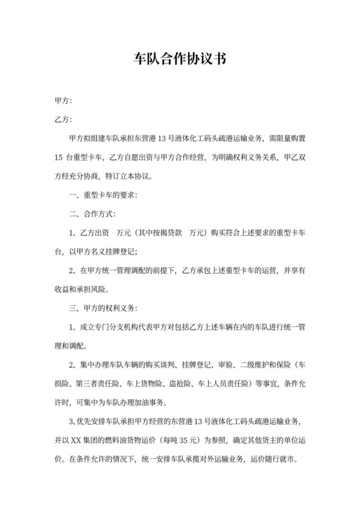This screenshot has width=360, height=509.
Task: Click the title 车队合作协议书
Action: pos(179,59)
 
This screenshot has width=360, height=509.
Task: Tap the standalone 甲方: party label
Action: pos(64,101)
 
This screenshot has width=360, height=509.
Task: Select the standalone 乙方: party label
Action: pos(64,120)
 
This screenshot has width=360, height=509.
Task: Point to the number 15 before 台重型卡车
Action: pos(59,157)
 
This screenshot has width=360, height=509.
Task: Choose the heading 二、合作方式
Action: pos(93,213)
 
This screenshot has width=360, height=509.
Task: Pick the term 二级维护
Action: pos(253,366)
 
